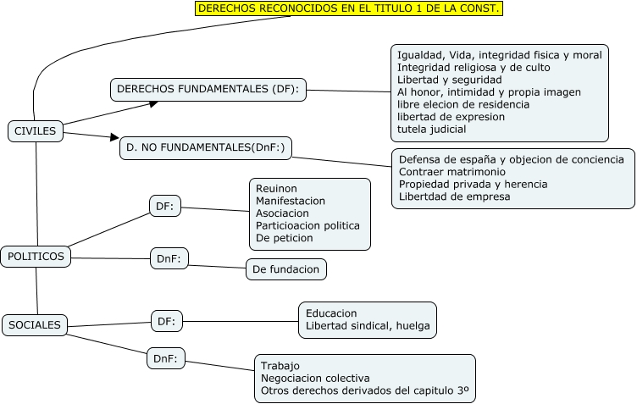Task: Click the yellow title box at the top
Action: (348, 8)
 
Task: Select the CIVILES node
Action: (36, 130)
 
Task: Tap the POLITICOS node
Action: (36, 256)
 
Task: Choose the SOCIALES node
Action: (36, 324)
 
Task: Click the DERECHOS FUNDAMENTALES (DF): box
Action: (208, 89)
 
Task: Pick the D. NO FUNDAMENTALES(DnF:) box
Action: (205, 147)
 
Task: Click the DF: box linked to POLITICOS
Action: (165, 205)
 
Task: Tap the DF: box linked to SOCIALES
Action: (167, 321)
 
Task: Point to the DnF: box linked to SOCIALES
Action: (166, 358)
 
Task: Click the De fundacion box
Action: (287, 269)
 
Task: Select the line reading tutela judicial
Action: (432, 130)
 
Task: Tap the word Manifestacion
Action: (291, 201)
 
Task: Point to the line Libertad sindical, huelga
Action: (368, 325)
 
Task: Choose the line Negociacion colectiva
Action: (315, 378)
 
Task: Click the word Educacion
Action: (331, 313)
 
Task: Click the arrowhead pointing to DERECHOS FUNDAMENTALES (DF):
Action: (154, 103)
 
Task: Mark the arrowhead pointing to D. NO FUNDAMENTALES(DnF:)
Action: (115, 137)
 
